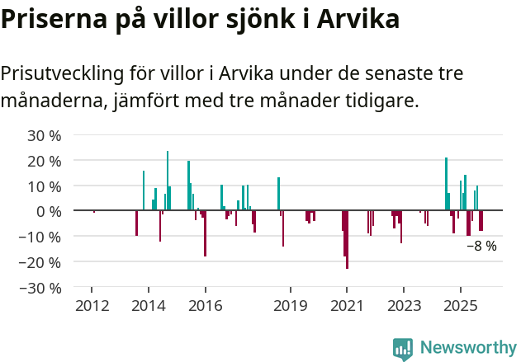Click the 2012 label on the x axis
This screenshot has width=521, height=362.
pyautogui.click(x=92, y=307)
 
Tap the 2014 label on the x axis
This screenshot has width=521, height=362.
pyautogui.click(x=149, y=307)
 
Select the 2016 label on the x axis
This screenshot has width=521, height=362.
pyautogui.click(x=206, y=307)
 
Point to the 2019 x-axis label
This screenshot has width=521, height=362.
pyautogui.click(x=291, y=307)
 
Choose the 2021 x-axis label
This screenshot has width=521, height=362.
pyautogui.click(x=347, y=307)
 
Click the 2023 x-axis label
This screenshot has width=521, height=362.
pyautogui.click(x=404, y=307)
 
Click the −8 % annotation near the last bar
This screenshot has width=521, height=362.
pyautogui.click(x=481, y=246)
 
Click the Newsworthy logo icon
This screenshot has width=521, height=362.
pyautogui.click(x=403, y=349)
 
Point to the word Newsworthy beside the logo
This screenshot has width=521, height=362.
pyautogui.click(x=468, y=348)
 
